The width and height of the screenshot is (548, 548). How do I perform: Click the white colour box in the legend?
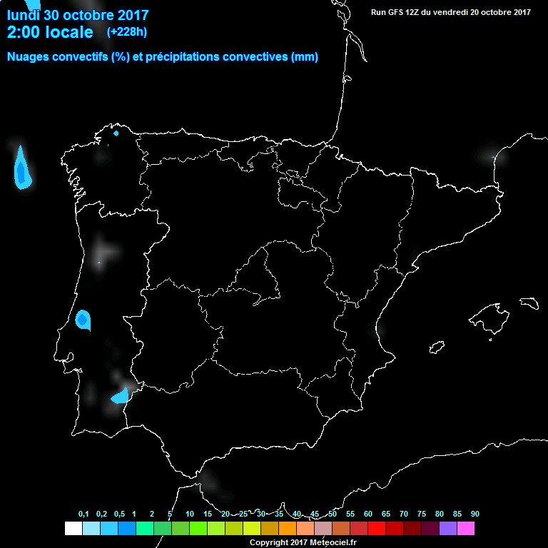(73, 528)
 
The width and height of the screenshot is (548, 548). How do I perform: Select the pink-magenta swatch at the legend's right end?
(466, 528)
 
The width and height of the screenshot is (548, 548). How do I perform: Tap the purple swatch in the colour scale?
(448, 528)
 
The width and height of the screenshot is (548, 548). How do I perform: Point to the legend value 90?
(475, 514)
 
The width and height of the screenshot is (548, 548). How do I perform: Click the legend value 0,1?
(83, 514)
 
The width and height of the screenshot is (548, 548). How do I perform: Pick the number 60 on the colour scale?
(368, 514)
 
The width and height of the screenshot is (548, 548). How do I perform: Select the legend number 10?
(190, 514)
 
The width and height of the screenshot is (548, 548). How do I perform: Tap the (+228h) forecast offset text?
(127, 32)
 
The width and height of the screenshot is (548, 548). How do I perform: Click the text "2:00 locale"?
(50, 32)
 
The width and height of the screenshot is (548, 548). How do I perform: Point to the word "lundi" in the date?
(24, 13)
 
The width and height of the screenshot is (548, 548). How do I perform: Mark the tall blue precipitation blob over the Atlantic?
(22, 170)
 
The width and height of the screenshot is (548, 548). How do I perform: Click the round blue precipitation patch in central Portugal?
(83, 319)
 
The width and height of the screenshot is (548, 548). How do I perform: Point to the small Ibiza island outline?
(437, 347)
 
